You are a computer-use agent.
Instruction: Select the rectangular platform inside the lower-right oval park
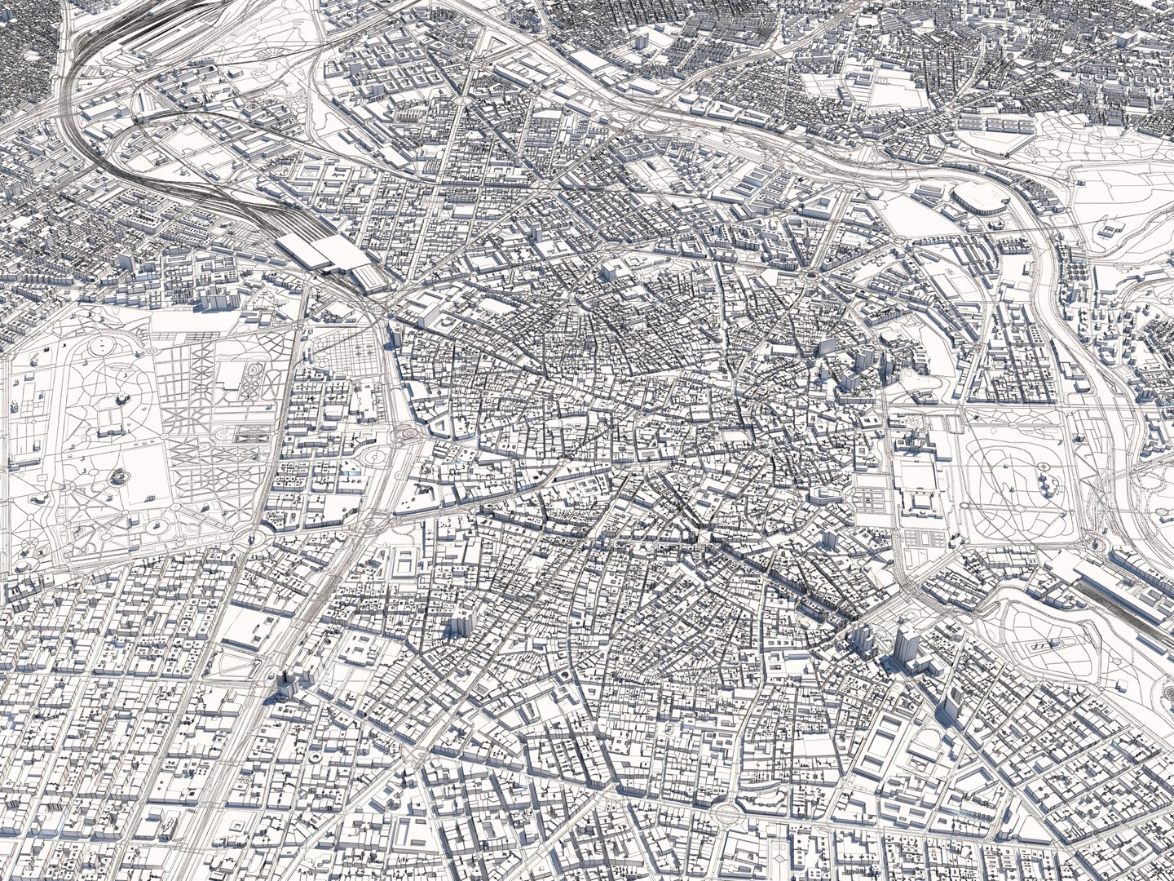pos(1039,644)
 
